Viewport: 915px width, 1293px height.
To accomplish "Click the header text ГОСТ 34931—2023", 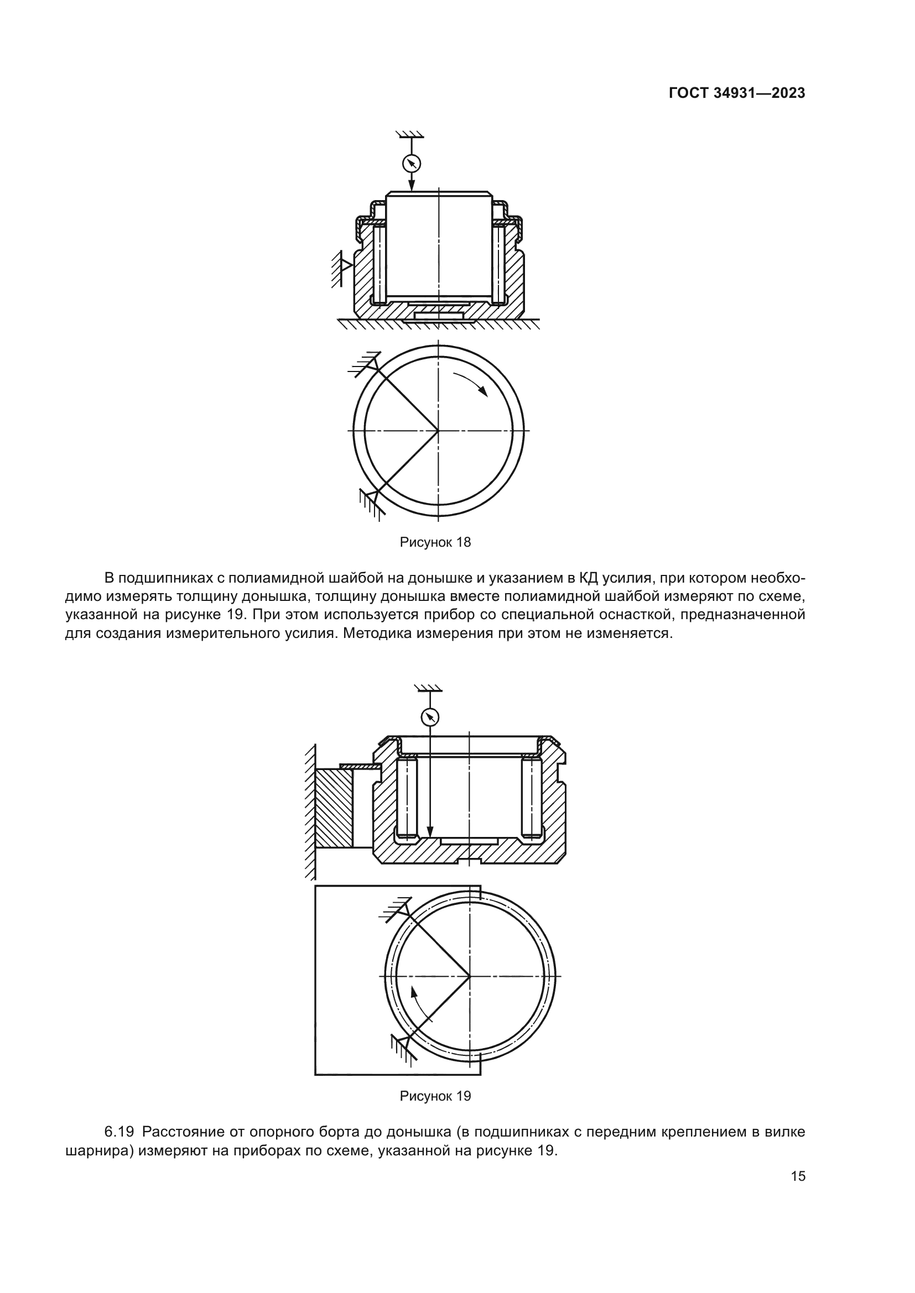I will coord(737,93).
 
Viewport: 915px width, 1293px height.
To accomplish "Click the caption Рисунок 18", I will coord(435,542).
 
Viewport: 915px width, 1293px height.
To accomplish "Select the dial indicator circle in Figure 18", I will coord(412,163).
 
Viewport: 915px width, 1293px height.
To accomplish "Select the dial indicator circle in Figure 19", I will coord(430,717).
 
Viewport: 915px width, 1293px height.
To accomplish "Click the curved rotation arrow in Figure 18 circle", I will coord(470,383).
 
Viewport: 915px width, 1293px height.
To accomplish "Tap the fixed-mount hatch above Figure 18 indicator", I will coord(410,134).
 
